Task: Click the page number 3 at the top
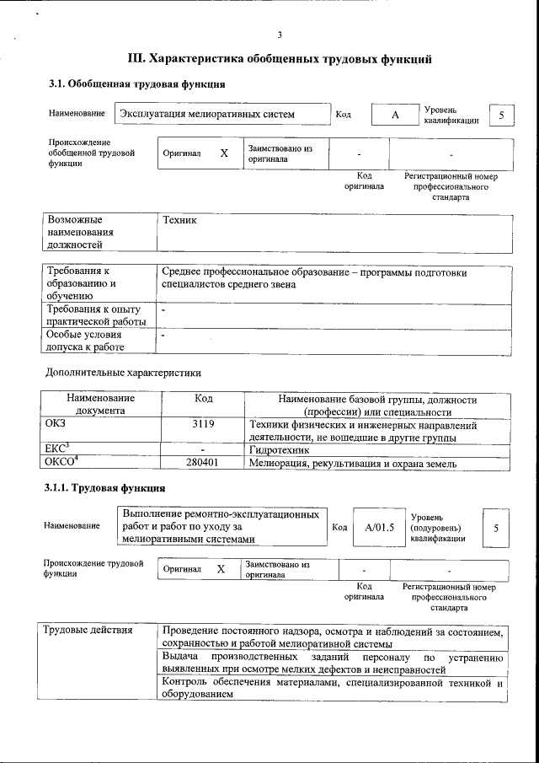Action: [x=279, y=34]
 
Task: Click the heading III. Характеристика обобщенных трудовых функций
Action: [x=280, y=59]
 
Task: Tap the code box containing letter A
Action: [x=394, y=115]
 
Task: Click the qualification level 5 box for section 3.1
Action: [x=502, y=115]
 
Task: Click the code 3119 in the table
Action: [x=202, y=425]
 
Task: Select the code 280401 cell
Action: [x=202, y=463]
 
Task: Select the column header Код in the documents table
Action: [x=202, y=399]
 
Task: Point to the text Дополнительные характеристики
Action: [x=123, y=372]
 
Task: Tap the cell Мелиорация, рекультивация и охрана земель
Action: [x=353, y=463]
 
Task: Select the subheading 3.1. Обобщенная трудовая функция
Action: [x=136, y=83]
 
